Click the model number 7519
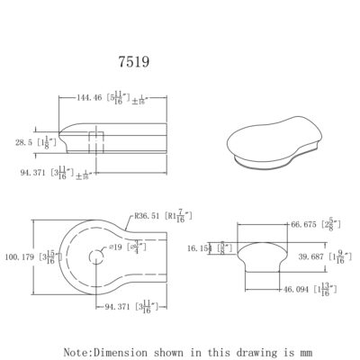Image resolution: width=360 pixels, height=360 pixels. click(x=134, y=65)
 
